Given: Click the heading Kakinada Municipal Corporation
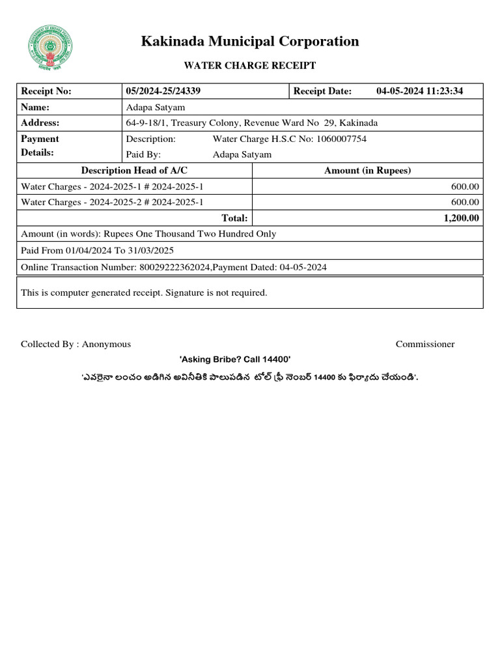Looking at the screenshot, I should coord(250,42).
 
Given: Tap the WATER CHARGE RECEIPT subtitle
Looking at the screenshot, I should coord(250,65).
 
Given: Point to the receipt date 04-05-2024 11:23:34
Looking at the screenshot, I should coord(419,91).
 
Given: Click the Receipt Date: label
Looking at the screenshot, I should coord(322,91).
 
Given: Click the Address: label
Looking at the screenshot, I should coord(40,123).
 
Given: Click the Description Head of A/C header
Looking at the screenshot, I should coord(134,171).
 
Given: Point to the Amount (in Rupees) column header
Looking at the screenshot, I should coord(367,171).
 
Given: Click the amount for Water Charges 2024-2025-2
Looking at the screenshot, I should coord(465,203).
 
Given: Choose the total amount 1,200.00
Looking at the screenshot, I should coord(461,218).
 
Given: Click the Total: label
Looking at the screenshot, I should coord(234,218).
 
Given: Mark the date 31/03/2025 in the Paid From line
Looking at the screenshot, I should coord(151,250).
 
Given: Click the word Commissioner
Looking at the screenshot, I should coord(425,344).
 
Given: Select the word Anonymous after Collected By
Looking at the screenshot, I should coord(106,344).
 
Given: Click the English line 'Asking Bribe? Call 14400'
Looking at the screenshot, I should coord(234,360).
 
